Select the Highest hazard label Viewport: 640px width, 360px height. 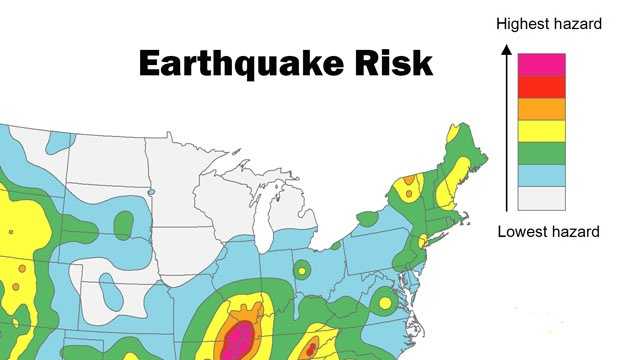click(x=549, y=22)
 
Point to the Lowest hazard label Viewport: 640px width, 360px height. click(x=548, y=232)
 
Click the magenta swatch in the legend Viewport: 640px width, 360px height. click(x=541, y=64)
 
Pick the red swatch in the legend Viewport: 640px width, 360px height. click(x=541, y=86)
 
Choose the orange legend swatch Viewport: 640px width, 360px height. click(x=541, y=108)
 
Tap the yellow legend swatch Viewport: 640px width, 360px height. click(x=541, y=130)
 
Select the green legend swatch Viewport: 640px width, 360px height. click(x=541, y=152)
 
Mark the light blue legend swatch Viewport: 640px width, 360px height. click(x=541, y=174)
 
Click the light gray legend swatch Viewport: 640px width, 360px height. click(x=541, y=197)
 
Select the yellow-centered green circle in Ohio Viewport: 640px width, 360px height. click(x=301, y=269)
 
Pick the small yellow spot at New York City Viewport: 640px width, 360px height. click(x=422, y=241)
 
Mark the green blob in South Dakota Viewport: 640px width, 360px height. click(x=124, y=225)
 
